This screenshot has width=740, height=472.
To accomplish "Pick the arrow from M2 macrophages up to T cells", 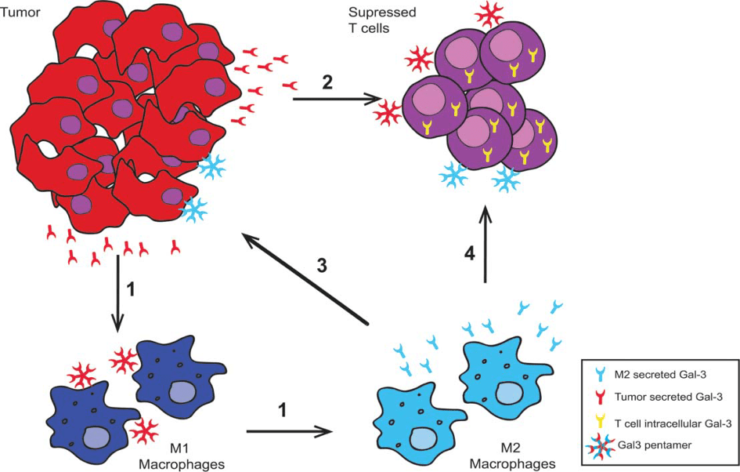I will [486, 243].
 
